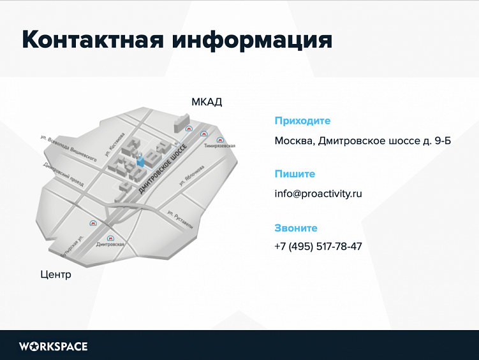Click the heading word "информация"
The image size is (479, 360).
251,40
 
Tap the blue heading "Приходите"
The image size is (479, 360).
302,121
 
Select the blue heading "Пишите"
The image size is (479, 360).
295,174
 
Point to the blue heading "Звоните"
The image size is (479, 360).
295,228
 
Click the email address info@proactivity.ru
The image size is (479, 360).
318,194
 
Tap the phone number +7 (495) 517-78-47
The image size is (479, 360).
318,247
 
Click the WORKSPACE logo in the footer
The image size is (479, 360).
53,347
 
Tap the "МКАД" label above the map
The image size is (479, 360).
207,102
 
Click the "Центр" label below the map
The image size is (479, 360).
55,275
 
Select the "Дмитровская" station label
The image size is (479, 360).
109,245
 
